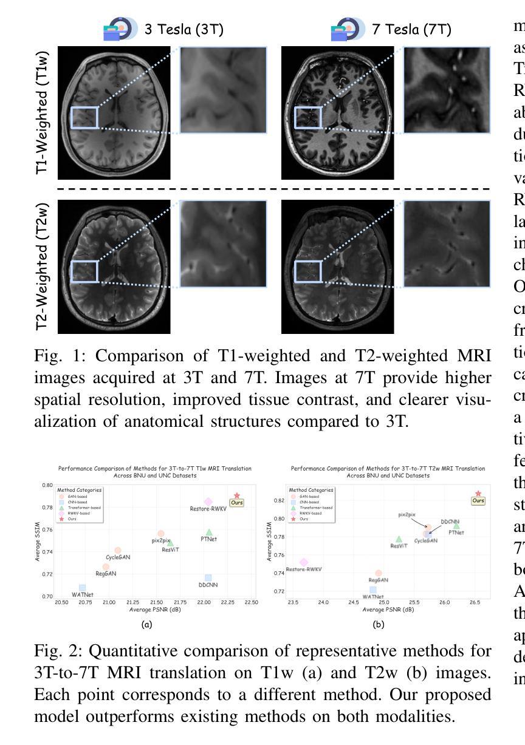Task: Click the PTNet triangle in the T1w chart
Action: [x=209, y=532]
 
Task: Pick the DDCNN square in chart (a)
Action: [x=208, y=578]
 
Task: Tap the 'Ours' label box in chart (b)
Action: [x=478, y=501]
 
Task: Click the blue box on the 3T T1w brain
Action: [x=84, y=118]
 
